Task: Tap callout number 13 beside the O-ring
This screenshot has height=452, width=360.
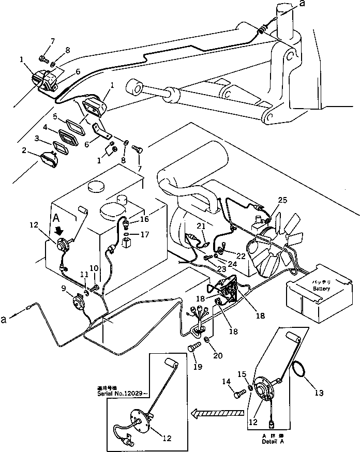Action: (x=319, y=394)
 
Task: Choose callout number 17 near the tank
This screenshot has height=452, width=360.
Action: (x=145, y=234)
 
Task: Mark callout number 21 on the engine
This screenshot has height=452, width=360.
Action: (x=201, y=226)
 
